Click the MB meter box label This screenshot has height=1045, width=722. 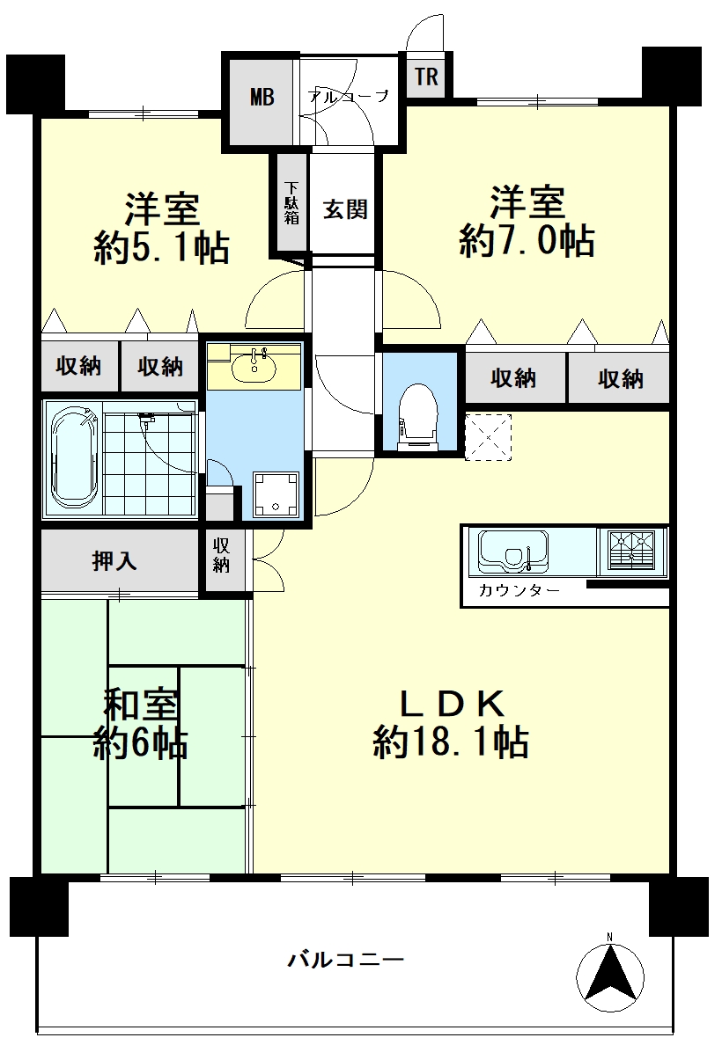(262, 98)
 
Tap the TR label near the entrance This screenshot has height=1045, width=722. (426, 76)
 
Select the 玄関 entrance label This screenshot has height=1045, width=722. (345, 209)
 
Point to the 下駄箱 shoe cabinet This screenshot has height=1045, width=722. (291, 203)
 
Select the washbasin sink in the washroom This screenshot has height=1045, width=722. (254, 364)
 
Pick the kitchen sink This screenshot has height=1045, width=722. (512, 552)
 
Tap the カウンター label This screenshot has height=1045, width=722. (519, 590)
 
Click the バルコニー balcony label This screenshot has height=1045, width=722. (346, 961)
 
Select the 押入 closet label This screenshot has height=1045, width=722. (114, 561)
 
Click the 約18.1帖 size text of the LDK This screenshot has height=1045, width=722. (451, 742)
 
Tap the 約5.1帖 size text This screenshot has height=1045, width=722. (161, 249)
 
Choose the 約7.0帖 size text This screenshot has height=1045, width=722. (527, 241)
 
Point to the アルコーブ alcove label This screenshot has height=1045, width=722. (349, 97)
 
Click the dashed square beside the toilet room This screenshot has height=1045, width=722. (489, 437)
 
